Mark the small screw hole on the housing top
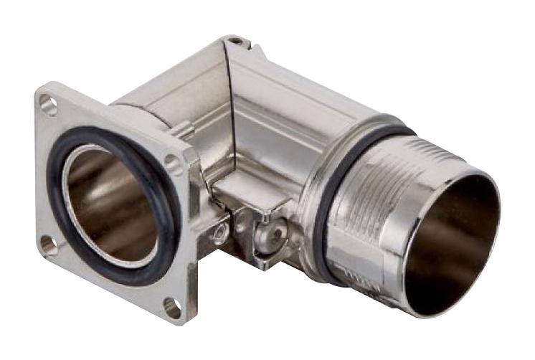pyautogui.click(x=235, y=42)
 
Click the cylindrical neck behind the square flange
pyautogui.click(x=140, y=108)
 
